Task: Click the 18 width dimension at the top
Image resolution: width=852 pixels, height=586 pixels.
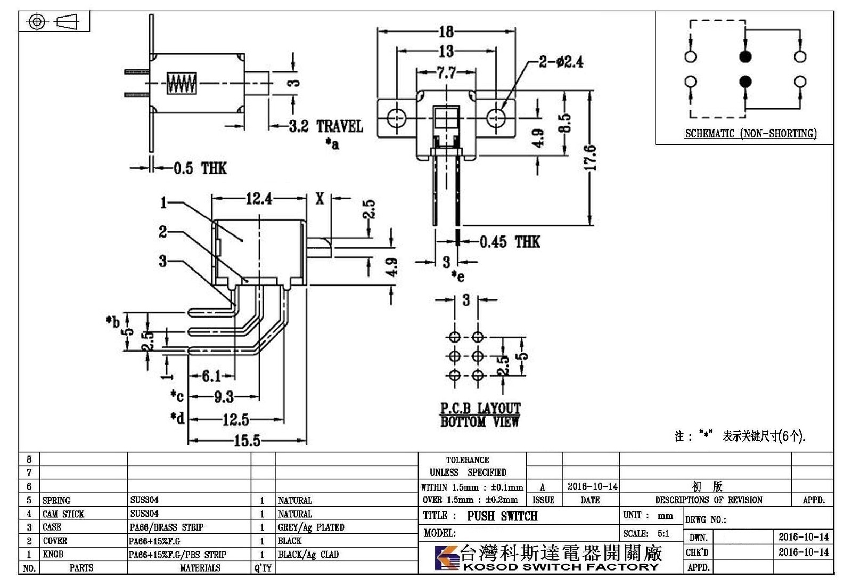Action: [447, 31]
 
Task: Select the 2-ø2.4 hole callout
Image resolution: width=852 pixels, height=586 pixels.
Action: [561, 62]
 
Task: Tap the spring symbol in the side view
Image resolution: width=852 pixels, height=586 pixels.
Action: [182, 83]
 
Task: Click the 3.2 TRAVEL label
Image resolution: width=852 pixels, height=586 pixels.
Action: [326, 126]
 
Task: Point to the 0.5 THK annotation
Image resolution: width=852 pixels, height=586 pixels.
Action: [200, 168]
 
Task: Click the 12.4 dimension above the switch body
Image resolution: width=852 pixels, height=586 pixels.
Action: [259, 198]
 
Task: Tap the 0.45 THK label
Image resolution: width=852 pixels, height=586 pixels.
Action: [510, 242]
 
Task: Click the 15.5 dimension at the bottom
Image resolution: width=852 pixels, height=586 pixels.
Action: [247, 441]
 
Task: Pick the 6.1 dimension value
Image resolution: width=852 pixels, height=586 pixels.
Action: [211, 376]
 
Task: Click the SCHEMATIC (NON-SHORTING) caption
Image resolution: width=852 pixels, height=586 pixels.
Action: [751, 134]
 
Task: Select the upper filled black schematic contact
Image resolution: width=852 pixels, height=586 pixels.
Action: [745, 56]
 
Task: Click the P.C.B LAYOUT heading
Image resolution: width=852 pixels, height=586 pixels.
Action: [480, 408]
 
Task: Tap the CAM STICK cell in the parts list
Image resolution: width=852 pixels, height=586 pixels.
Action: [63, 514]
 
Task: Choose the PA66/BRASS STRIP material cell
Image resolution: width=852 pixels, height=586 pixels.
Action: [167, 527]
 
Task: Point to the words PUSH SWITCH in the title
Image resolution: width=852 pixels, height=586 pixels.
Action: [503, 516]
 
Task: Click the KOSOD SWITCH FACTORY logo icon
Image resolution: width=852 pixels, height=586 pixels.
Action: [447, 558]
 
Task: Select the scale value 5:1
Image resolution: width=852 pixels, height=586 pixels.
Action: [663, 534]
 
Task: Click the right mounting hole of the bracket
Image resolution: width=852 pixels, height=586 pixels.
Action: [496, 117]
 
